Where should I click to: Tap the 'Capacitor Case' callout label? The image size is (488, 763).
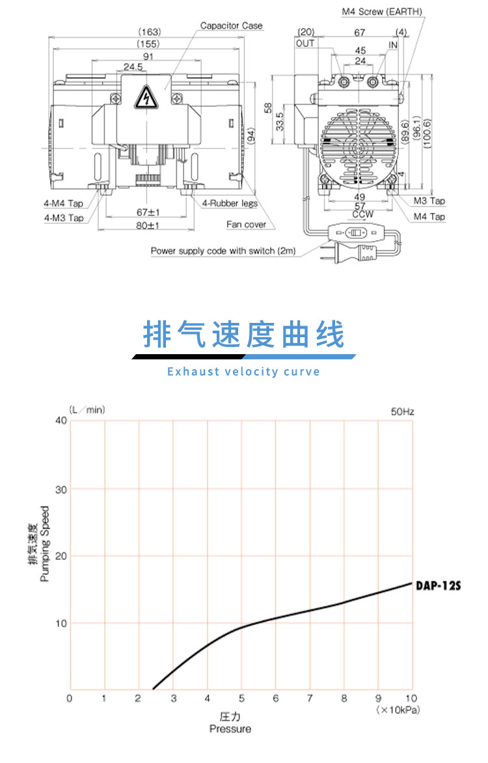(x=231, y=25)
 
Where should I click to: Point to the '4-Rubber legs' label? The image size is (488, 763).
(x=230, y=203)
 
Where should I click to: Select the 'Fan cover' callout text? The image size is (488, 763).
(x=247, y=225)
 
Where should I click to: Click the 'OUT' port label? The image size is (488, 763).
(x=305, y=43)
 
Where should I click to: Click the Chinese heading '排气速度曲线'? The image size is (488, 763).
(x=243, y=335)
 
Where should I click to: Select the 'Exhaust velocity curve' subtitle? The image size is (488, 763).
(x=243, y=372)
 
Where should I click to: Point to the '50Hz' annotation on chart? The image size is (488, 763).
(x=402, y=412)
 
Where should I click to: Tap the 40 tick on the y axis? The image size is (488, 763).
(x=61, y=421)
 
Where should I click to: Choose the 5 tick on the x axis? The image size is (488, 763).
(x=241, y=699)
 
